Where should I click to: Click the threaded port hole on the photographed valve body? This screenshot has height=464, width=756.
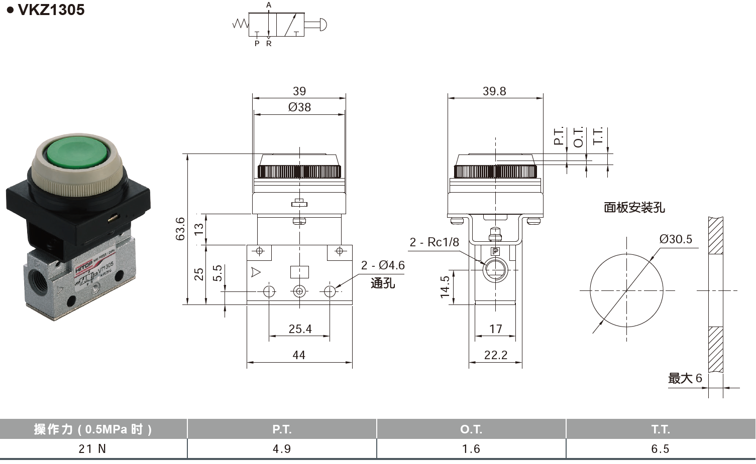pos(37,277)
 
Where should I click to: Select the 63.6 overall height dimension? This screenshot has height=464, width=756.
pos(180,228)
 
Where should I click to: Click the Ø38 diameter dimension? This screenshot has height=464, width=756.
pos(299,107)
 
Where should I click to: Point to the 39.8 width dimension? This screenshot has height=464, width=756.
pos(494,91)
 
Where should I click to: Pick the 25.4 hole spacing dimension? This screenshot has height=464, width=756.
pos(300,329)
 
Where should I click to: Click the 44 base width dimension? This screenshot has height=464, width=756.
pos(299,355)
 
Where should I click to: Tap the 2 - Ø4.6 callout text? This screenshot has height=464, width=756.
pos(383,265)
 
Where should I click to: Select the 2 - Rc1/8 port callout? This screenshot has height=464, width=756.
pos(434,242)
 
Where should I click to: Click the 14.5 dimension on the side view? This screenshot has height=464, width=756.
pos(445,287)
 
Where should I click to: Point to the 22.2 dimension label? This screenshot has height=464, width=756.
pos(495,355)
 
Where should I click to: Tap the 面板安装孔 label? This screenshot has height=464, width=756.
pos(634,207)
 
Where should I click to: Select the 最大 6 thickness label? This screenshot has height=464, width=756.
pos(685,378)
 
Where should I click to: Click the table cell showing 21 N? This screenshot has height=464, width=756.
pos(92,448)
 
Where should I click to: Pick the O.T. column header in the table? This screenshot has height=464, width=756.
pos(471,429)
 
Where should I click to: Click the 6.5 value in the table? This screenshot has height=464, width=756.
pos(660,448)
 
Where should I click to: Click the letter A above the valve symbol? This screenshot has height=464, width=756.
pos(269,5)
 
